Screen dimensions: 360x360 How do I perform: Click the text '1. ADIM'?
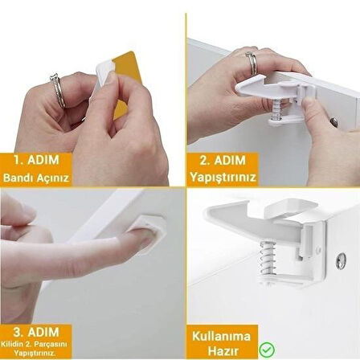click(x=35, y=160)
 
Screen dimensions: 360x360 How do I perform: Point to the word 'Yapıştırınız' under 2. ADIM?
click(x=221, y=177)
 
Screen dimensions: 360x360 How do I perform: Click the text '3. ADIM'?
click(x=36, y=330)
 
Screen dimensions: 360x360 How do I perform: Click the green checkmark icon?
click(x=266, y=350)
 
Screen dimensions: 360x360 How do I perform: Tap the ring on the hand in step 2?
click(x=251, y=62)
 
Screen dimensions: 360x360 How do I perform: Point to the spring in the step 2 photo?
click(x=276, y=109)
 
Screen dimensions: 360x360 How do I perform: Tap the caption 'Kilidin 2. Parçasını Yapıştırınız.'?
click(x=36, y=347)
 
